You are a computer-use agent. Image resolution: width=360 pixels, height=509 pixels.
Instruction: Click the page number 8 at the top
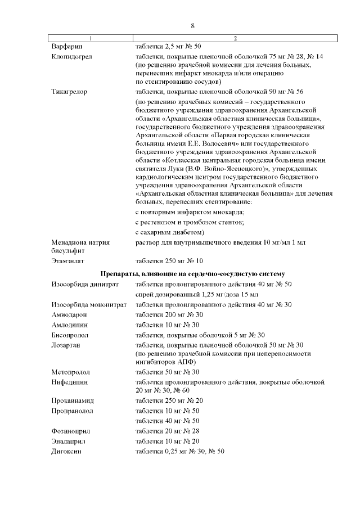(192, 26)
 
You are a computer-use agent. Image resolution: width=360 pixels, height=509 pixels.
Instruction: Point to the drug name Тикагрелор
(69, 91)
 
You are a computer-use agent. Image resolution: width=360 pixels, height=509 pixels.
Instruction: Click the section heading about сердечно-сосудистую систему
(192, 273)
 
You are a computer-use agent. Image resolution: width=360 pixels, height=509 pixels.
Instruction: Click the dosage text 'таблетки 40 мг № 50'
(168, 421)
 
